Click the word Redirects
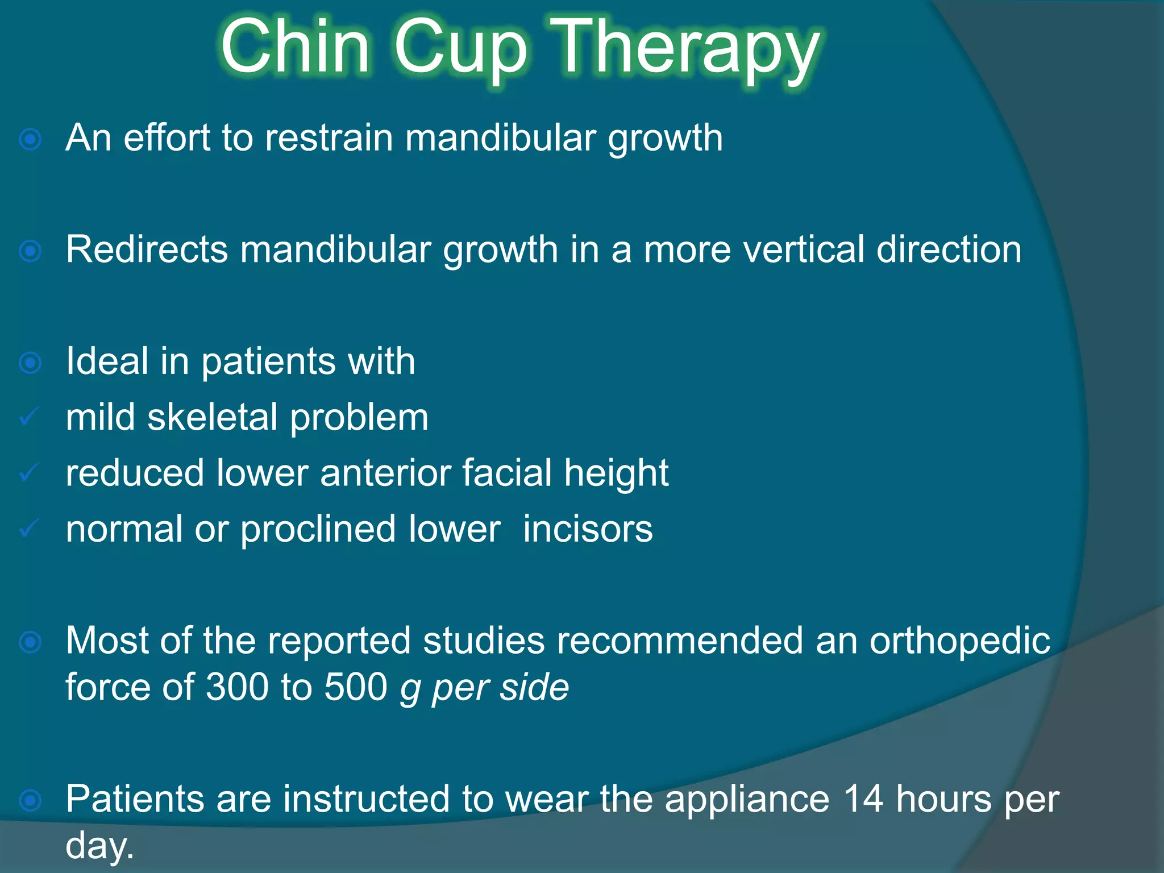(147, 250)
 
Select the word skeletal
(213, 417)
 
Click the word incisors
(588, 529)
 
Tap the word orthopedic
(960, 641)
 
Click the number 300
(237, 687)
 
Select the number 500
(356, 687)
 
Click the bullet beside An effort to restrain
(30, 139)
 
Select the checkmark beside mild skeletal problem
(29, 417)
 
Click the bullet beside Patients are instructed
(30, 800)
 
